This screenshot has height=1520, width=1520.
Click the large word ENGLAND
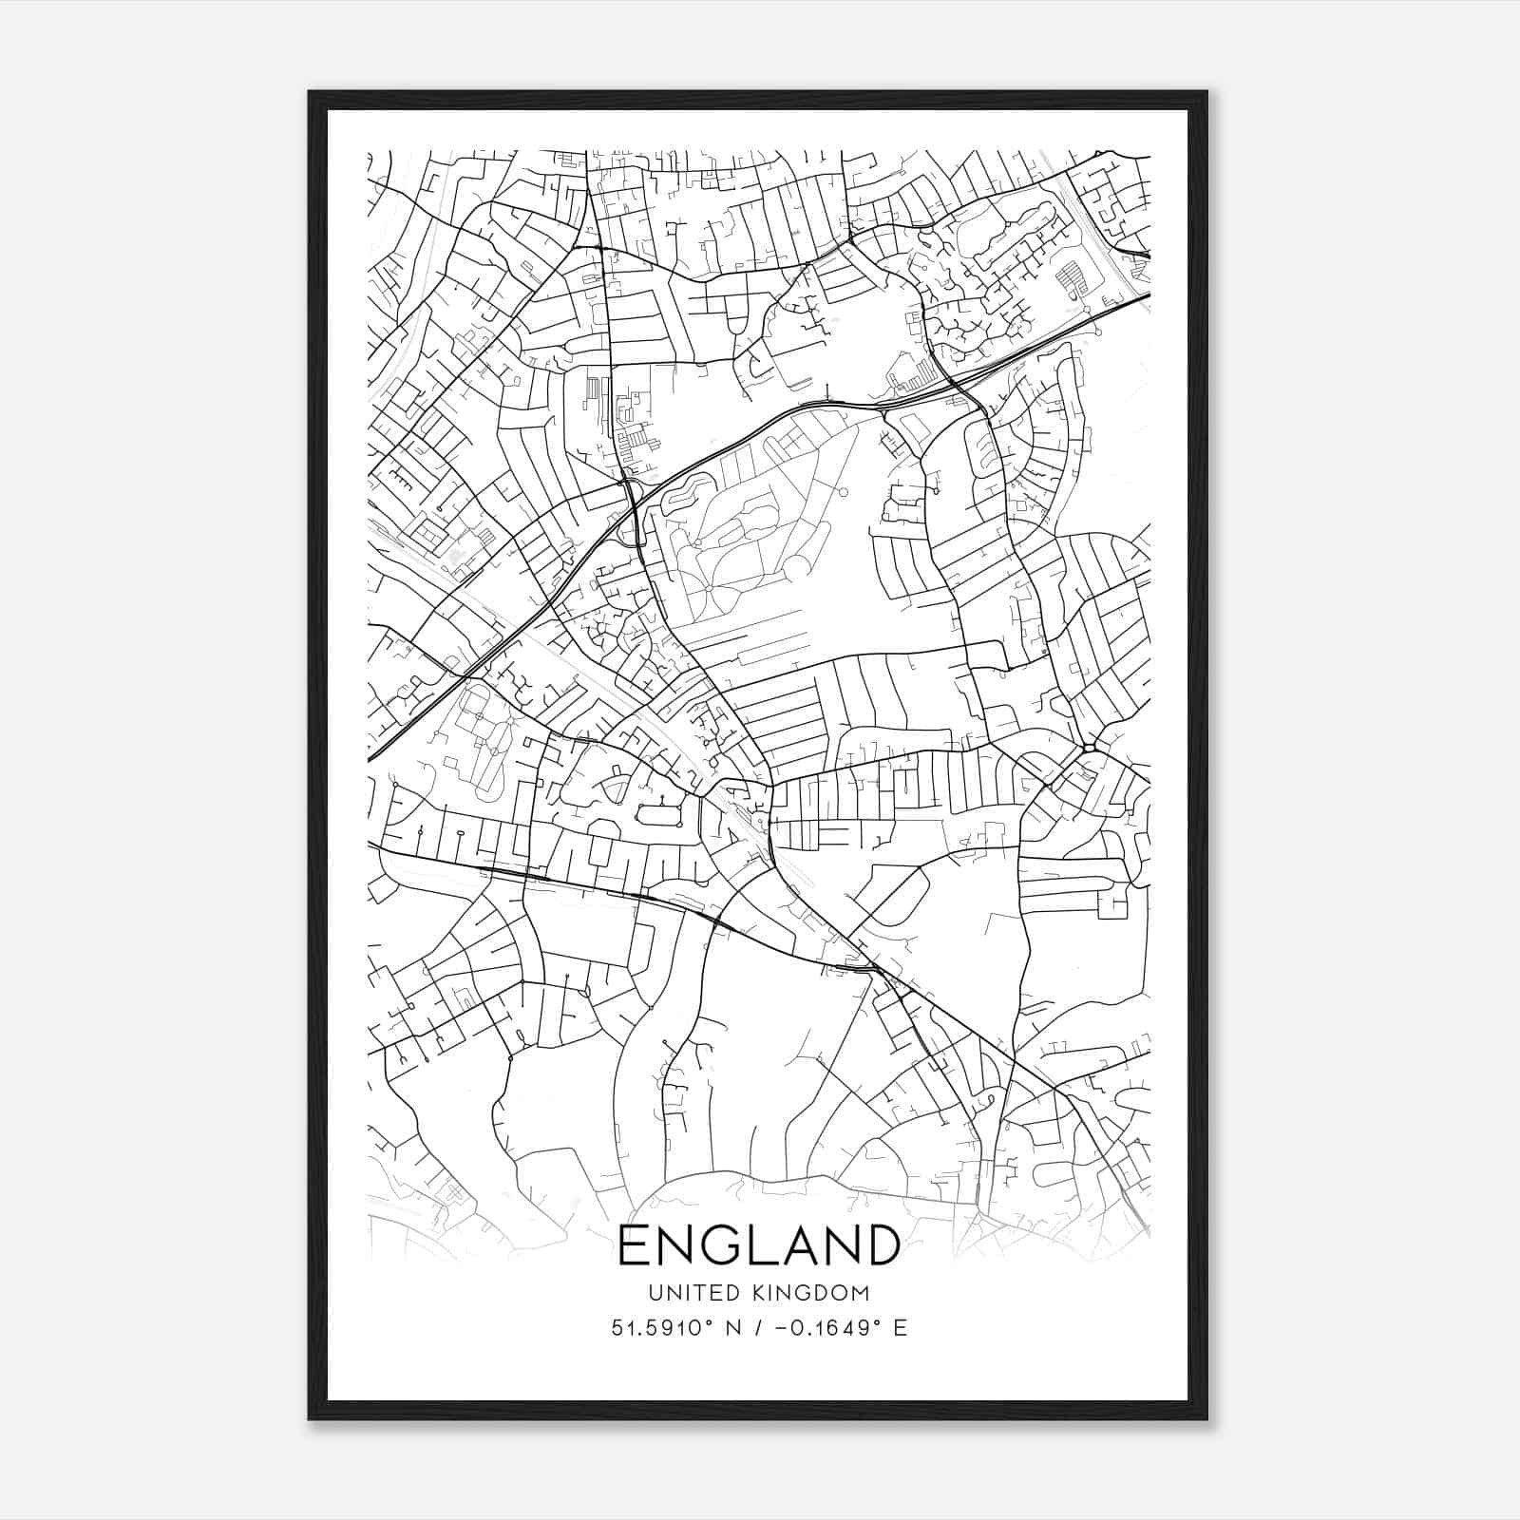[x=759, y=1245]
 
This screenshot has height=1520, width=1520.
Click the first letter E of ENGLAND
[x=635, y=1245]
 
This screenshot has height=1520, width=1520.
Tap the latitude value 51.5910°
[x=661, y=1328]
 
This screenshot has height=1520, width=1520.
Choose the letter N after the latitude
[x=732, y=1328]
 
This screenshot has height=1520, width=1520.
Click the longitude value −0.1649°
[x=826, y=1328]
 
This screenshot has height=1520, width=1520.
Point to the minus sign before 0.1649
[x=781, y=1328]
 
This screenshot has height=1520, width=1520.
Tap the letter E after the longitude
[x=900, y=1328]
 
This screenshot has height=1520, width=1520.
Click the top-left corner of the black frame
[x=310, y=93]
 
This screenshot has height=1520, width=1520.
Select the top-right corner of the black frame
[x=1206, y=93]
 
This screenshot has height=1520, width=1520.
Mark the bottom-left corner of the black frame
[x=310, y=1418]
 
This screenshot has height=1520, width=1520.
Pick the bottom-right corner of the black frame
[x=1206, y=1418]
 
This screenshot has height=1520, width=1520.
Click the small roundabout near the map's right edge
[x=1088, y=748]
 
